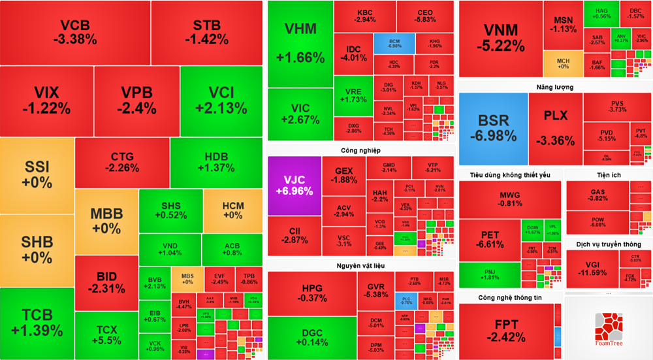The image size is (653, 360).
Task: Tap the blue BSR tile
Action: coord(493,128)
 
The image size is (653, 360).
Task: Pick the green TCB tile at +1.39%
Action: coord(37,323)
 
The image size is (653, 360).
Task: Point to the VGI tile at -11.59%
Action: coord(592,269)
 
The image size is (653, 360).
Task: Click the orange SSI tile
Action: coord(37,175)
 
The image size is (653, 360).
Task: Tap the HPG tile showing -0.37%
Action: coord(311,293)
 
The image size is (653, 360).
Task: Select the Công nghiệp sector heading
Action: coord(360,151)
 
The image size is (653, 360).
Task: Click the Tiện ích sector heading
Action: coord(608,175)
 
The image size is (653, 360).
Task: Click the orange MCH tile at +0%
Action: coord(563,64)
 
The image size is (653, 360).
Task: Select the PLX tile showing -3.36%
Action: coord(556,128)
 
